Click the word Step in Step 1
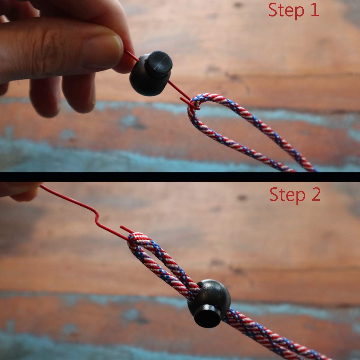(286, 11)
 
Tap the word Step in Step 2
(287, 196)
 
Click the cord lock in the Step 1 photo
(150, 73)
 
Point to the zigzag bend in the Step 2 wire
(97, 218)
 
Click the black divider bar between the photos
(180, 177)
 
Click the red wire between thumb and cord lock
(132, 56)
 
